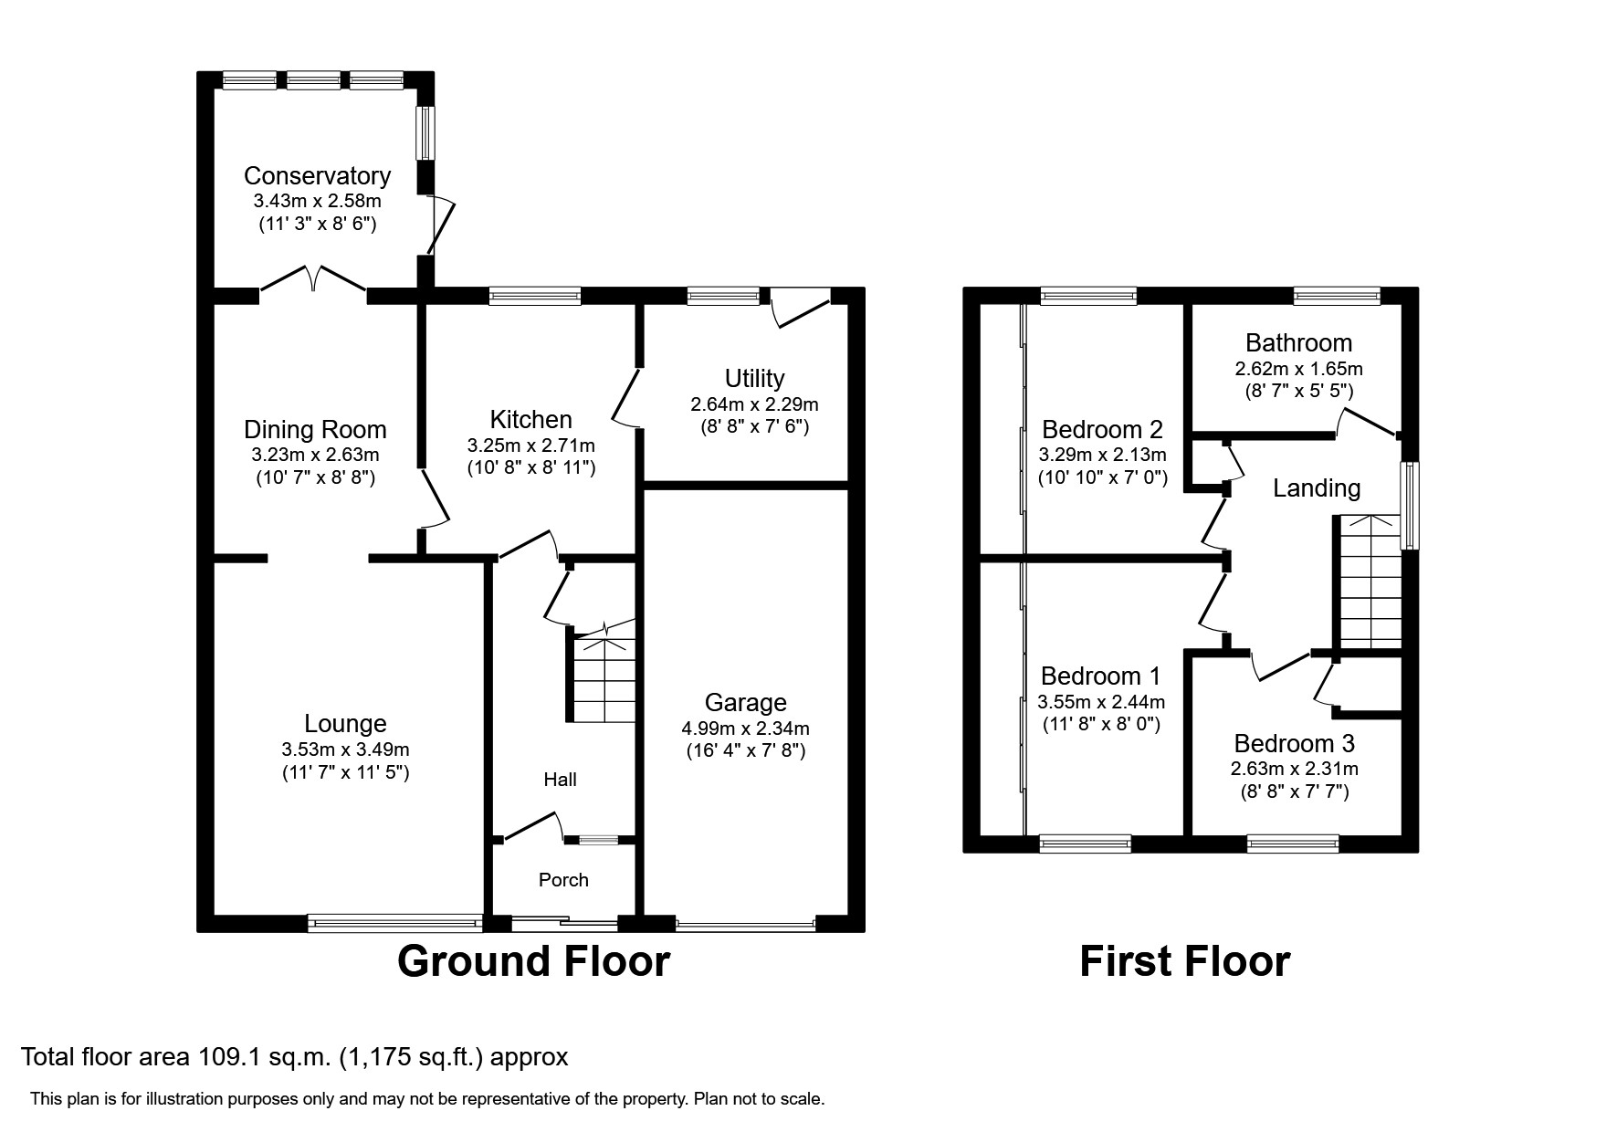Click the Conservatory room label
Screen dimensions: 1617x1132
[317, 175]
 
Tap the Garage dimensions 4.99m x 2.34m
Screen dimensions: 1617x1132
[745, 728]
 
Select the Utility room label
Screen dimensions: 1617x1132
[754, 378]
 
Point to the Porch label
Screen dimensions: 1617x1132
[563, 880]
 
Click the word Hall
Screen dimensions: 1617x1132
[560, 780]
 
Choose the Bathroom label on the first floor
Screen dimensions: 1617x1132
[1298, 343]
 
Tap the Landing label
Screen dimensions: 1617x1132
[1317, 488]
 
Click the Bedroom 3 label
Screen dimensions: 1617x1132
[1294, 743]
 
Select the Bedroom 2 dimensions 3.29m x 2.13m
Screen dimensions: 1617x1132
[1102, 455]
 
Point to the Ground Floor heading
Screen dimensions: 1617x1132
[533, 961]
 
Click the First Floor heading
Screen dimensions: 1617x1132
[1184, 961]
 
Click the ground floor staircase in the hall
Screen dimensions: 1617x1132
[603, 680]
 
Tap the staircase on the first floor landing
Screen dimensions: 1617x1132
[1370, 584]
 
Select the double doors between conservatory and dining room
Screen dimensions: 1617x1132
[314, 279]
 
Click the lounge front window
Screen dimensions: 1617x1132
[394, 924]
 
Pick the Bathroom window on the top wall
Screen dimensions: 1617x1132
[1337, 295]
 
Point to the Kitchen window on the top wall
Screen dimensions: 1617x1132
[534, 295]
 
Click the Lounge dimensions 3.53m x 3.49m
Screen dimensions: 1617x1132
[345, 749]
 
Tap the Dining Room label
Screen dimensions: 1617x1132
[315, 429]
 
